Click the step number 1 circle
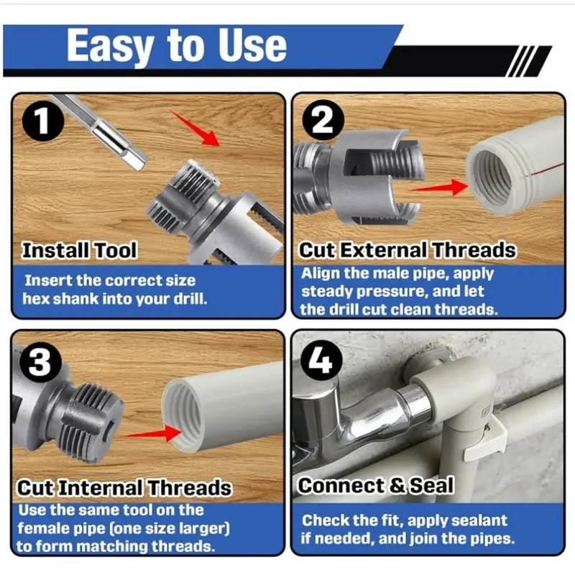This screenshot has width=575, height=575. click(x=43, y=120)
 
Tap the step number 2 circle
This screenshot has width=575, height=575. click(x=323, y=120)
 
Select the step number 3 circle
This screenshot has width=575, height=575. click(x=40, y=362)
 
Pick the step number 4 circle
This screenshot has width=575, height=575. click(x=321, y=360)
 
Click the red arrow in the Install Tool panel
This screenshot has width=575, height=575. click(x=195, y=129)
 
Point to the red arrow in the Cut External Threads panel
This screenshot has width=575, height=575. click(x=438, y=188)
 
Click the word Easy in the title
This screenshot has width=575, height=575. click(x=110, y=46)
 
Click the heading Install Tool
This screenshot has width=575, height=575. click(x=80, y=250)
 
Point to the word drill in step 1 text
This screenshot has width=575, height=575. click(x=190, y=299)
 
